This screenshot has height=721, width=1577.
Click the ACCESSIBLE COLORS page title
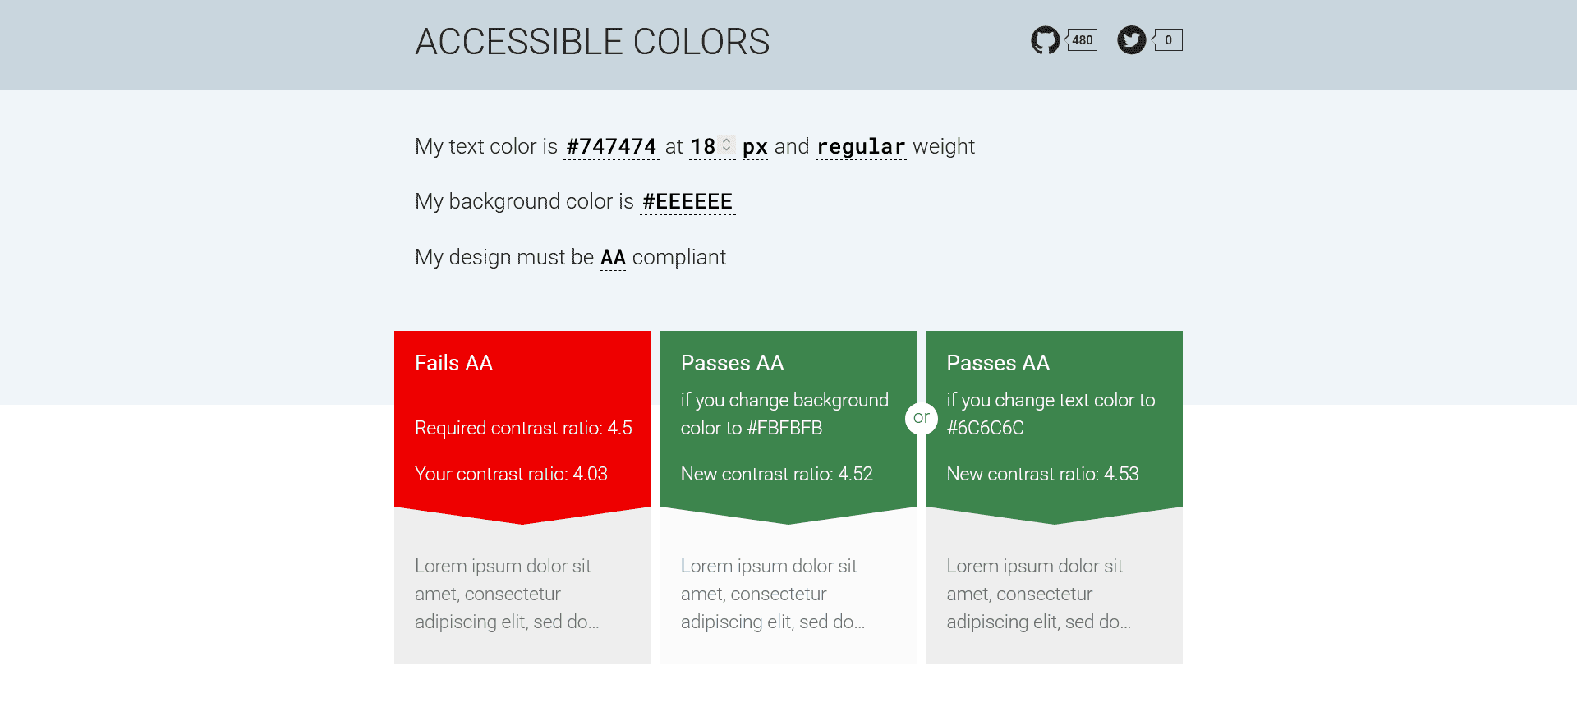coord(592,42)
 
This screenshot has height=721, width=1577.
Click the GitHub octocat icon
coord(1045,40)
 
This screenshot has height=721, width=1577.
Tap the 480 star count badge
coord(1082,40)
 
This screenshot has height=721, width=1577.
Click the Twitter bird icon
coord(1131,40)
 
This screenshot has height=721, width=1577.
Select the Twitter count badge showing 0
coord(1168,40)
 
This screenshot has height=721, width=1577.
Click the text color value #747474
coord(611,147)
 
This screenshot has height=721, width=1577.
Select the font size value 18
coord(702,147)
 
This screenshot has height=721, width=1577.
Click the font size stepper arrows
coord(727,145)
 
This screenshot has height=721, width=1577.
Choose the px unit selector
coord(755,147)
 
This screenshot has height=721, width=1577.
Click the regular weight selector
coord(861,147)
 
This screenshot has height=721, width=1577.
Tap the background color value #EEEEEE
coord(687,202)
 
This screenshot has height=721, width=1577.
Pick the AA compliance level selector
coord(613,258)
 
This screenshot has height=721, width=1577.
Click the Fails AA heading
coord(453,363)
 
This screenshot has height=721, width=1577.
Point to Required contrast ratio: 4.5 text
coord(523,428)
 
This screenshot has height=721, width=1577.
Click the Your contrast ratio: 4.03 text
coord(511,474)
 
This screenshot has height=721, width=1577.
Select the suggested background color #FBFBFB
coord(784,428)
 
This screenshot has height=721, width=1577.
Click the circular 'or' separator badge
coord(922,418)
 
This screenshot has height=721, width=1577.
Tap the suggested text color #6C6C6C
coord(985,428)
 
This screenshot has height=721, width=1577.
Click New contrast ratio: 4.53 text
coord(1042,474)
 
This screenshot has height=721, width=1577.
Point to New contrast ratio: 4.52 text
coord(776,474)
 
